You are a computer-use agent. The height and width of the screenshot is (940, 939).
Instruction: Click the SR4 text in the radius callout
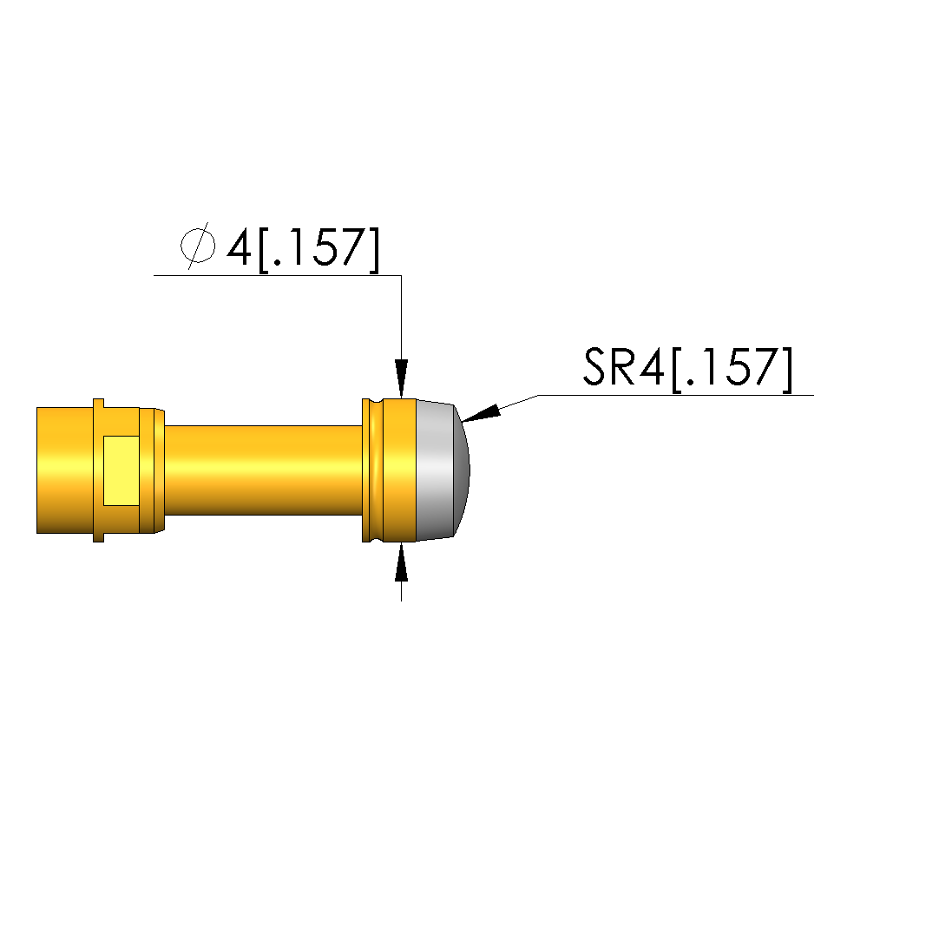(x=624, y=367)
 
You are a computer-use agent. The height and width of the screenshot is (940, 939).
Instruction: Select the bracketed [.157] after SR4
(x=732, y=369)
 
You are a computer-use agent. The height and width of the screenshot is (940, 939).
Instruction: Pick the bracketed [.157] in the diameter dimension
(x=318, y=249)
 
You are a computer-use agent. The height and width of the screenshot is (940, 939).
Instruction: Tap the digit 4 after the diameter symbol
(x=240, y=247)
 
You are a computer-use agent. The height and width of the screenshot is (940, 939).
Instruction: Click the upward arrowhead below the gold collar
(x=402, y=561)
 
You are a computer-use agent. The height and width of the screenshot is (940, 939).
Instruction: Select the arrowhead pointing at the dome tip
(x=481, y=413)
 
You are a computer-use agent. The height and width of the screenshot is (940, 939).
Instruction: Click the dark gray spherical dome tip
(x=462, y=470)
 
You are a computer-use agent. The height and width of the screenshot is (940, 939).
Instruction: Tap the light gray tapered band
(x=436, y=470)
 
